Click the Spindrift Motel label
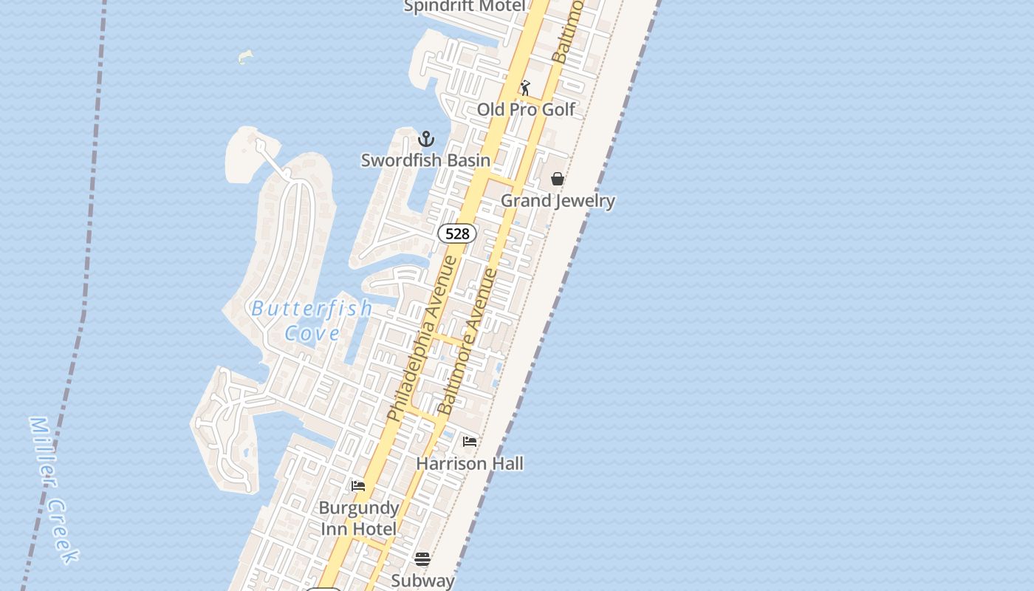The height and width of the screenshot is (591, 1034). coord(465,7)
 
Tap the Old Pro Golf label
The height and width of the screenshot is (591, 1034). coord(526,109)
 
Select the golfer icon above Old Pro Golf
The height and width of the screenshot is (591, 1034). coord(525,89)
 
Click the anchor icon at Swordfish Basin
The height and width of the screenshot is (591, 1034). coord(426,139)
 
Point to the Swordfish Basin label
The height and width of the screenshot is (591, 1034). coord(425,160)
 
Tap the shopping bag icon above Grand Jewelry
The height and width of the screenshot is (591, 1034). coord(558,179)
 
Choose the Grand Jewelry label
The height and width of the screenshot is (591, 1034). coord(558,200)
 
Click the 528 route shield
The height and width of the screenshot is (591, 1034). coord(457,233)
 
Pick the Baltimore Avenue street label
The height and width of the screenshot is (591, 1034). coord(468,341)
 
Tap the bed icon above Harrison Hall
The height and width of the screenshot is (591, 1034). coord(470,442)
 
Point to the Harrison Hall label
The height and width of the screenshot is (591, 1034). coord(470,463)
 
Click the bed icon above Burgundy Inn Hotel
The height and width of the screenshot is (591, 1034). coord(358,486)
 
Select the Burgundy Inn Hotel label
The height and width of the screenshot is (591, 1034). coord(359,518)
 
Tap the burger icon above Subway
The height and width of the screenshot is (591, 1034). coord(422,559)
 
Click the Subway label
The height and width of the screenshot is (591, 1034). coord(422,581)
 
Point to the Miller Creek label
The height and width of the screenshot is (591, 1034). coord(53,490)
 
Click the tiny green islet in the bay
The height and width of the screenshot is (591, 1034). coord(246,57)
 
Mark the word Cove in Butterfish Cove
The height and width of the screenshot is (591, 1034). coord(312,333)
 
